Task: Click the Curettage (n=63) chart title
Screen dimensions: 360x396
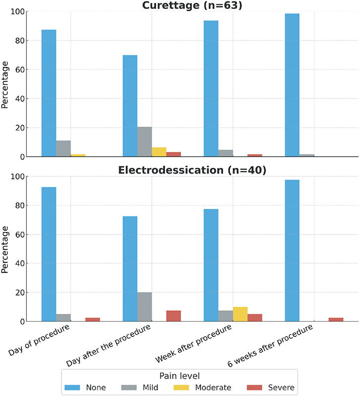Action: click(x=192, y=5)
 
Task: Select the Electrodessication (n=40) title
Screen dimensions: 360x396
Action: click(x=192, y=170)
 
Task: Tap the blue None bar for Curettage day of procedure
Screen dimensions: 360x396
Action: click(x=49, y=93)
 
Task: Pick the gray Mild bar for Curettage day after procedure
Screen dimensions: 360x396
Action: click(x=144, y=142)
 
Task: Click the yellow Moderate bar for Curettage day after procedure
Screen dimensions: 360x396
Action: click(x=159, y=152)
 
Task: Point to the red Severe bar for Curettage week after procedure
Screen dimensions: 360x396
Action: click(x=255, y=155)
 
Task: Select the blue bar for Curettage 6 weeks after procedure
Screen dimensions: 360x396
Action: click(x=292, y=85)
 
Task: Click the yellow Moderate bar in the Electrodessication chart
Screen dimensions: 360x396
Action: click(x=240, y=314)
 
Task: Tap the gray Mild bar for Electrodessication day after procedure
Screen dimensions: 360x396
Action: click(x=144, y=307)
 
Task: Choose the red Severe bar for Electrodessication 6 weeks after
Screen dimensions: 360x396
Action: click(x=336, y=319)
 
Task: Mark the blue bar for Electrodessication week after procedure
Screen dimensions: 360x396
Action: click(x=211, y=265)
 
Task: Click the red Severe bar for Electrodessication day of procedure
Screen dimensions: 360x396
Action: click(x=92, y=319)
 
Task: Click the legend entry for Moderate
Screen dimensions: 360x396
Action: click(x=202, y=388)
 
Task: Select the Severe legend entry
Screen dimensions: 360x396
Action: click(x=270, y=388)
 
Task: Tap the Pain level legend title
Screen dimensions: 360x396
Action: click(x=180, y=376)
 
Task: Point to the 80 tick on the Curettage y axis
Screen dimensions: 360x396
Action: click(x=20, y=41)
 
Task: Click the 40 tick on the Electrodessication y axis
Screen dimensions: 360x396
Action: click(x=20, y=263)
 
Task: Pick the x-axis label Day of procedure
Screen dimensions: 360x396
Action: click(x=39, y=340)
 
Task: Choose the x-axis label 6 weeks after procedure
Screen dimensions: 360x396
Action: click(x=270, y=346)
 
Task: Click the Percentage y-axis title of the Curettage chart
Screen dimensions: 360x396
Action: click(x=5, y=85)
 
